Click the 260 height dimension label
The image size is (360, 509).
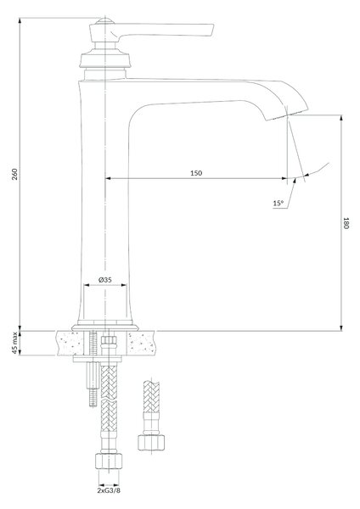point(15,175)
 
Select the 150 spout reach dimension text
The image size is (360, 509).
point(196,173)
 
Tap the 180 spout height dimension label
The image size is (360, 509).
point(346,223)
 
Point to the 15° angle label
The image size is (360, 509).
point(278,204)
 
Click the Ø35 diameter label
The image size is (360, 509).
point(105,279)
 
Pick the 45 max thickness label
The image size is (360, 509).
point(14,343)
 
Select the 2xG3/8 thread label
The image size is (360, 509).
point(109,490)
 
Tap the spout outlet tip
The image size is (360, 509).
point(287,115)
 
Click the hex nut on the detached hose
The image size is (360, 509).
point(151,442)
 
